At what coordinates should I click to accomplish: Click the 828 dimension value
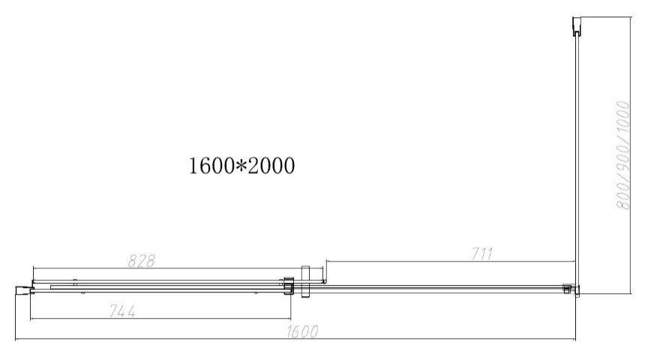[141, 261]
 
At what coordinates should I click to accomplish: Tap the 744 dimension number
[122, 310]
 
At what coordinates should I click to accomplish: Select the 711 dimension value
[482, 253]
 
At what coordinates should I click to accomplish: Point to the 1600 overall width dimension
[302, 331]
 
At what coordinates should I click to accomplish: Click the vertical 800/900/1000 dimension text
[622, 155]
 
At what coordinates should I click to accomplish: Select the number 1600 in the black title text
[211, 166]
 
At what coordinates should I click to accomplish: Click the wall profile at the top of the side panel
[577, 26]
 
